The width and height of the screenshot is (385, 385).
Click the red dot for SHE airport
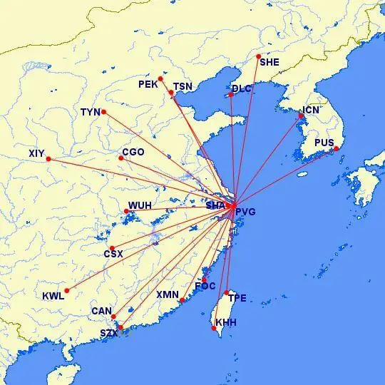click(x=258, y=56)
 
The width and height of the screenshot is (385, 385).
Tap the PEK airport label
click(x=147, y=85)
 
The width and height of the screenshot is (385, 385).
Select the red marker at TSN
click(x=171, y=93)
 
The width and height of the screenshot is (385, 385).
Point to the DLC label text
click(x=242, y=89)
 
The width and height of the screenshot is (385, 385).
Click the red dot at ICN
click(x=301, y=116)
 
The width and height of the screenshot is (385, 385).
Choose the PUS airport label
click(x=324, y=143)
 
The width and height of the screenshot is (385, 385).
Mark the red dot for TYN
click(x=103, y=111)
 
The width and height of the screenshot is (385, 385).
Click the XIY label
click(x=37, y=153)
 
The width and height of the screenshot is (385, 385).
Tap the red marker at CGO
click(x=121, y=158)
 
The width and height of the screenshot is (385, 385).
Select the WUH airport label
click(x=139, y=206)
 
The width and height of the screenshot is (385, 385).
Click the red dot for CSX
click(x=111, y=248)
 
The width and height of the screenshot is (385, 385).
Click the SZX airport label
click(x=109, y=333)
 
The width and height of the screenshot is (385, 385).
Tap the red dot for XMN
click(x=182, y=300)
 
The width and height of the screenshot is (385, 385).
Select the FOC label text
click(x=205, y=287)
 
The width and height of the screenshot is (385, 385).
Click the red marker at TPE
click(x=227, y=292)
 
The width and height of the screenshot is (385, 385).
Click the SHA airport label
click(x=215, y=206)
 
